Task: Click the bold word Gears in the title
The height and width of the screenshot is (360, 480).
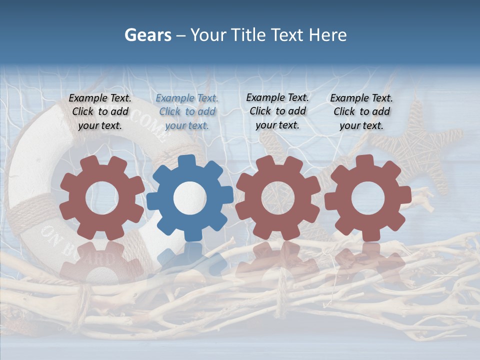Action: point(147,35)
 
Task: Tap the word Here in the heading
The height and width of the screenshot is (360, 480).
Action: point(327,35)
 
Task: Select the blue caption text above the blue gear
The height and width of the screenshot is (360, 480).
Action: point(187,112)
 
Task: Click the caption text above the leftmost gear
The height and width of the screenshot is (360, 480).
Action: point(100,112)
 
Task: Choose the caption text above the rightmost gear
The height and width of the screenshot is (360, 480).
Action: point(361,112)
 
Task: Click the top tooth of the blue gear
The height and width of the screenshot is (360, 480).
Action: point(186,161)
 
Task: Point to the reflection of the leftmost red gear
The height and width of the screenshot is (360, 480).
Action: point(100,260)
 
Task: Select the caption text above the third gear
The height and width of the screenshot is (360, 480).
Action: point(277,111)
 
